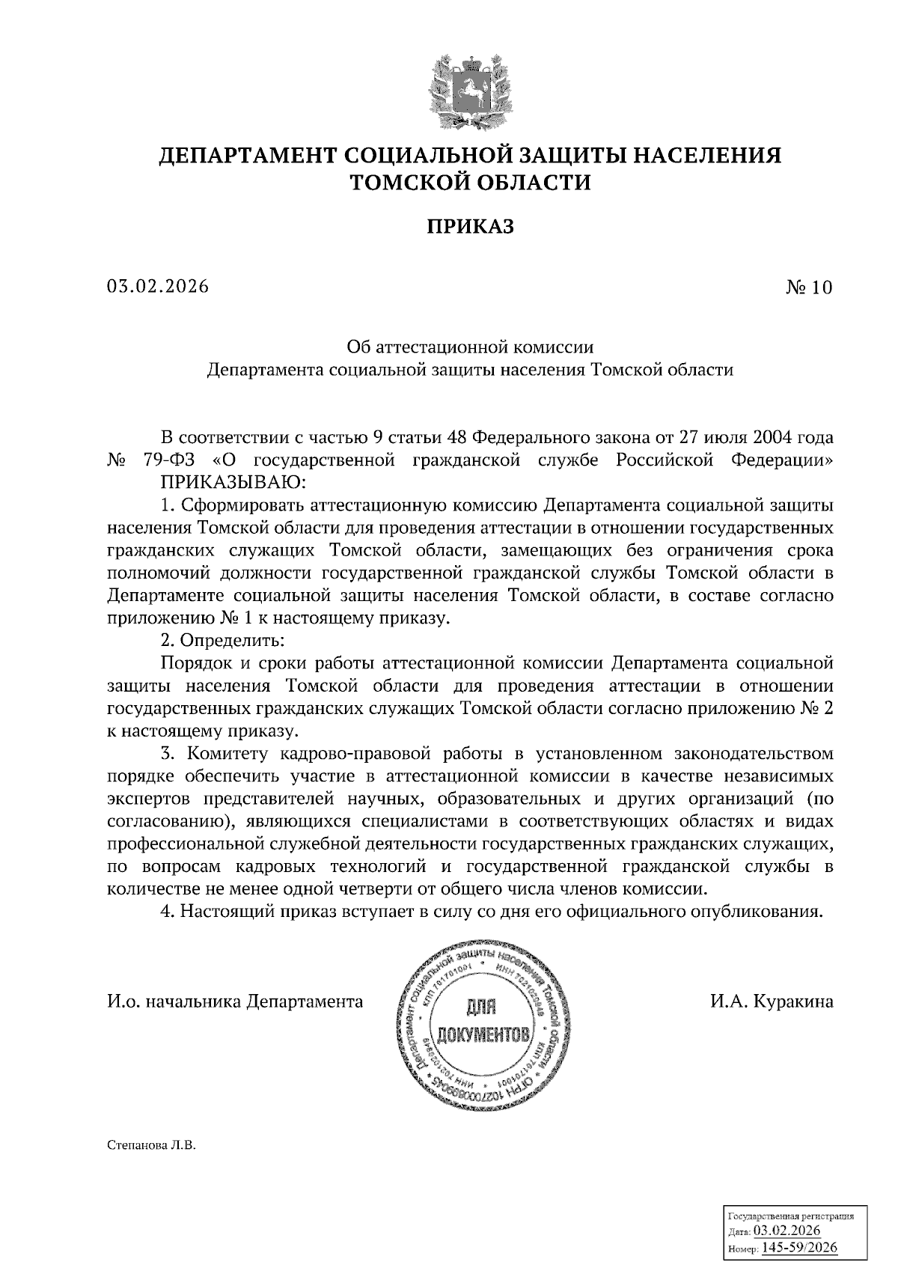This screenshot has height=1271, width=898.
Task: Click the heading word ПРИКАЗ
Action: pos(471,226)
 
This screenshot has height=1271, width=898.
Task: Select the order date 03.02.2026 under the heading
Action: pos(158,287)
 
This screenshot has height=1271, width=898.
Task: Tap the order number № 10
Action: pos(808,287)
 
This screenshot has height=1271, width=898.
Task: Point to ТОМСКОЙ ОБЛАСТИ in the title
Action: pos(471,182)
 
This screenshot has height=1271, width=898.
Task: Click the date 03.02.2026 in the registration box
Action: pos(787,1231)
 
